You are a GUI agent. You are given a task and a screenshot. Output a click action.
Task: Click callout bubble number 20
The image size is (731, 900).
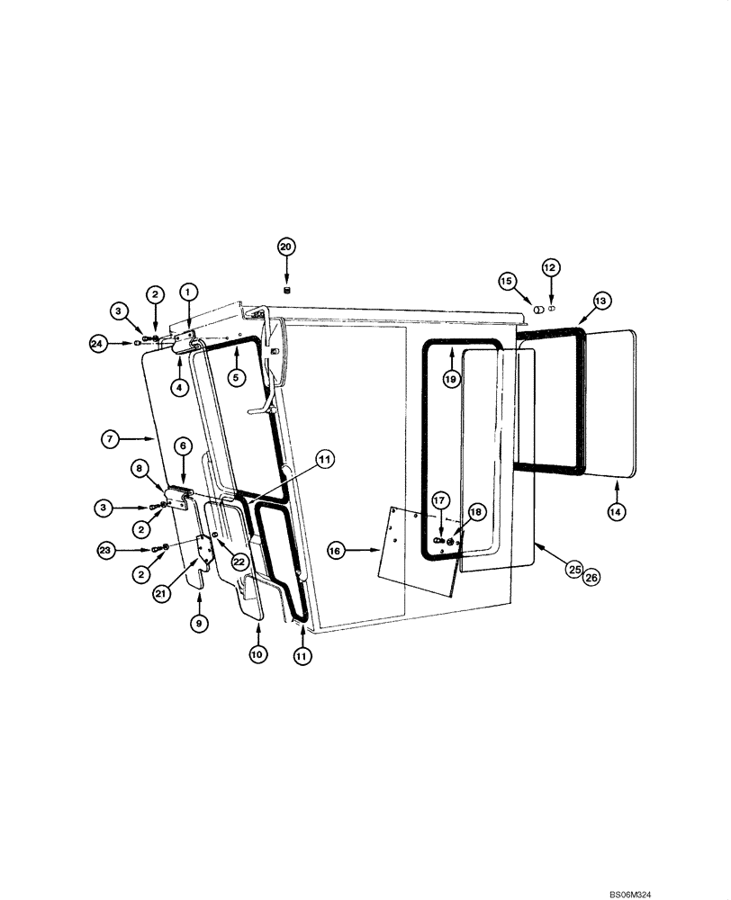(x=286, y=247)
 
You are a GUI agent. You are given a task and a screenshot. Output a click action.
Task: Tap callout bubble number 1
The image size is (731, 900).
(x=188, y=292)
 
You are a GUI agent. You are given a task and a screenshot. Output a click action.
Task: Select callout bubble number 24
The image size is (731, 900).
(x=97, y=342)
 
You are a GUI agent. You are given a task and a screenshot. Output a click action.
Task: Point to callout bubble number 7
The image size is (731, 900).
(x=110, y=439)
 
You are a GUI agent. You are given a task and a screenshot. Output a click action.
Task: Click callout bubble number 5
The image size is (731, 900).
(x=235, y=378)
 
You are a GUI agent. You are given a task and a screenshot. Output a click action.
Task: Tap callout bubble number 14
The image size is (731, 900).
(x=618, y=510)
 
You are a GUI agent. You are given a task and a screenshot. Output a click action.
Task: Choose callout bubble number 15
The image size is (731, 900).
(x=508, y=282)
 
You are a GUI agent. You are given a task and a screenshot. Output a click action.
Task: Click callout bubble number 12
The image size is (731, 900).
(x=550, y=267)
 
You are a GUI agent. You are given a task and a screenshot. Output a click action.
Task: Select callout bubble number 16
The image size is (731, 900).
(x=336, y=550)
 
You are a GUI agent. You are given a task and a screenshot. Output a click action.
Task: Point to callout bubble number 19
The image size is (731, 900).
(x=450, y=380)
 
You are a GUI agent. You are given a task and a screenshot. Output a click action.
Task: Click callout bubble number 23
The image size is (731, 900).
(x=106, y=548)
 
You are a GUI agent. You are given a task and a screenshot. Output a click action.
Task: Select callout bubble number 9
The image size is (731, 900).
(x=200, y=621)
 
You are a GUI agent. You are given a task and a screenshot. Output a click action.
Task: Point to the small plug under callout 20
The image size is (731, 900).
(x=287, y=289)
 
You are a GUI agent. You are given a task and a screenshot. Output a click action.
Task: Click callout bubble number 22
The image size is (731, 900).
(x=239, y=560)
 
